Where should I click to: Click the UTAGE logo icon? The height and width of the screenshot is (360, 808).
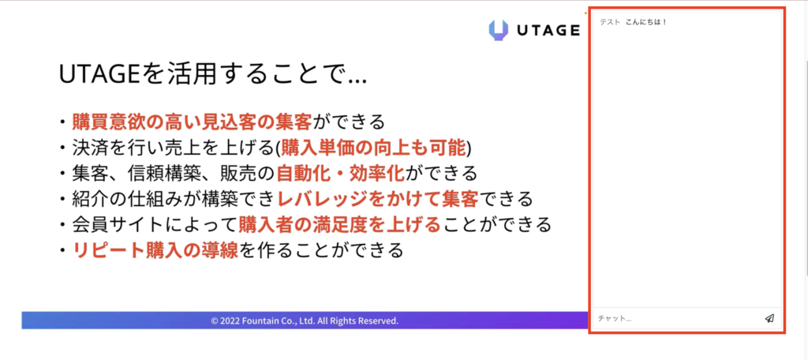[499, 30]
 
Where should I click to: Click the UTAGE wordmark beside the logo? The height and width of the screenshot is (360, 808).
[548, 31]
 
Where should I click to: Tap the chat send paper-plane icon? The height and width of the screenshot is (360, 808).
[769, 318]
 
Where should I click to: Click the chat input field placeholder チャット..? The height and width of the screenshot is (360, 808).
[614, 319]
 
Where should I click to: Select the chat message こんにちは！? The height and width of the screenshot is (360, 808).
[646, 23]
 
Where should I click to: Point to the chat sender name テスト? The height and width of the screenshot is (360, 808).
[610, 23]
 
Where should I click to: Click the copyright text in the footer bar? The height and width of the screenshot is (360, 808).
[305, 321]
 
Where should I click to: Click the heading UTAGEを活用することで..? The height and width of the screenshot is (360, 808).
[213, 75]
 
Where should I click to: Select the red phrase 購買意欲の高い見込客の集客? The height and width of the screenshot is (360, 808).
[193, 122]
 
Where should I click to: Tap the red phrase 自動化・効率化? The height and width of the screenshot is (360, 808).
[340, 174]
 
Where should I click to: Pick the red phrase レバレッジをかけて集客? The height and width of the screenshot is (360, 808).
[378, 199]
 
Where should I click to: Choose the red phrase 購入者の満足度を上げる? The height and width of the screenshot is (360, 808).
[339, 224]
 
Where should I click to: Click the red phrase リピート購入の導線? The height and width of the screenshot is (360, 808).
[155, 250]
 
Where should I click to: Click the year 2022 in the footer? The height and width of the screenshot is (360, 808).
[230, 321]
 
